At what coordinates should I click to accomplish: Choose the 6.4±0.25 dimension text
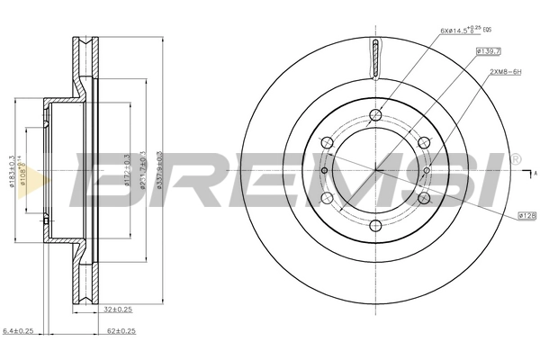(x=19, y=331)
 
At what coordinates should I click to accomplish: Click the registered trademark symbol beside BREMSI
(x=516, y=159)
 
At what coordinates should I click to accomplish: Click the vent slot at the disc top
(x=374, y=61)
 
